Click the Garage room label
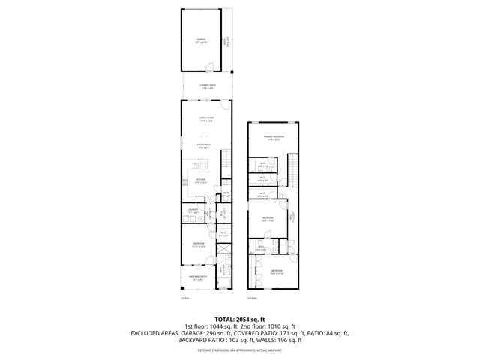[201, 39]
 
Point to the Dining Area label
[204, 145]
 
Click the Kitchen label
[201, 180]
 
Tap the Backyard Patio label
[197, 277]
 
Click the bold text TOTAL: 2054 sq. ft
[239, 319]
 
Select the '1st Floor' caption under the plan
[184, 298]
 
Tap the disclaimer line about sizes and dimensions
[239, 349]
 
